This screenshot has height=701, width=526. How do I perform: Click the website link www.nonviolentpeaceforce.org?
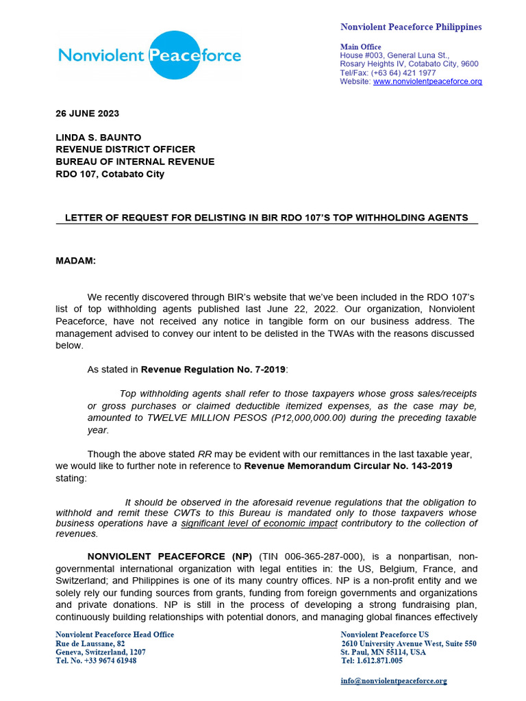(427, 81)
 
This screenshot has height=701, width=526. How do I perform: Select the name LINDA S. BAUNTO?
(98, 137)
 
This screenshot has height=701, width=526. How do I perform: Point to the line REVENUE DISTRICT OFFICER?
(125, 149)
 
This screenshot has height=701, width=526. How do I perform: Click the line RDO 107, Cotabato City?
(110, 174)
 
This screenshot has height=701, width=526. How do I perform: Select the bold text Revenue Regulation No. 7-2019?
(213, 370)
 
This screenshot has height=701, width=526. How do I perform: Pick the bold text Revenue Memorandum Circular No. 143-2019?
(348, 466)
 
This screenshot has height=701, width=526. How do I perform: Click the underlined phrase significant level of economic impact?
(259, 524)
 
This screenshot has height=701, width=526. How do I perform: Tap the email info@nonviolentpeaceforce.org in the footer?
(393, 681)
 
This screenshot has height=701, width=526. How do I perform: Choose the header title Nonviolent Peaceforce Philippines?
(411, 27)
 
